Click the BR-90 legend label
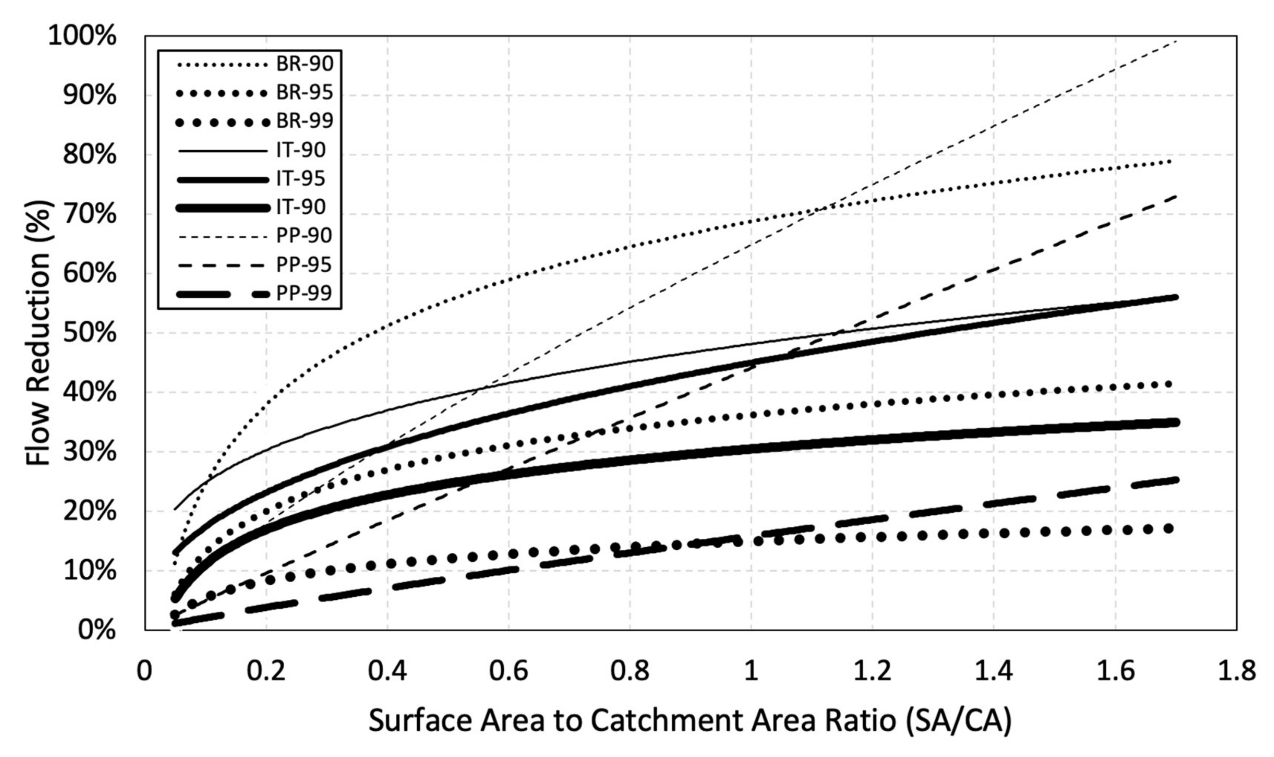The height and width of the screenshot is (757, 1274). coord(305,64)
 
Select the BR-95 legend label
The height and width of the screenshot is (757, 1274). coord(305,93)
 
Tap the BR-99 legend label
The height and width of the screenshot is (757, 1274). coord(305,122)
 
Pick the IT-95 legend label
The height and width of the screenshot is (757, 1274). coord(301,178)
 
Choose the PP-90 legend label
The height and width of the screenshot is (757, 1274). coord(304,236)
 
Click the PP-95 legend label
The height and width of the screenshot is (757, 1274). coord(304,265)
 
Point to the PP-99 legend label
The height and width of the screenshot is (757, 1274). coord(304,293)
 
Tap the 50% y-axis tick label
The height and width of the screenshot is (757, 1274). coord(89,334)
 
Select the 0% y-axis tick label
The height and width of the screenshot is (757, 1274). coord(97,631)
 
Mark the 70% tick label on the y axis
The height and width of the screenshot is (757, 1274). coord(89,215)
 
